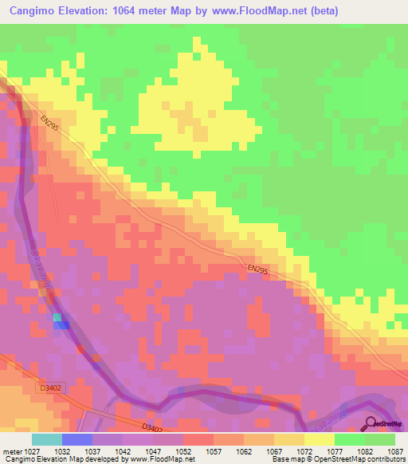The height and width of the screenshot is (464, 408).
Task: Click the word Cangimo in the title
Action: [x=37, y=11]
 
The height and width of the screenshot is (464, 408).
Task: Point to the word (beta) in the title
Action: [x=322, y=11]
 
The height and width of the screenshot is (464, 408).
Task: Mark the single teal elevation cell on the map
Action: [x=57, y=317]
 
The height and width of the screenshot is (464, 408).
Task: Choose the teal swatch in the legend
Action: [x=47, y=439]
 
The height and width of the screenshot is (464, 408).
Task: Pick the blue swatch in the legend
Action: [x=77, y=439]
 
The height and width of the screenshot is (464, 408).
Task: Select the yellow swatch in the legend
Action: [x=320, y=439]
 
